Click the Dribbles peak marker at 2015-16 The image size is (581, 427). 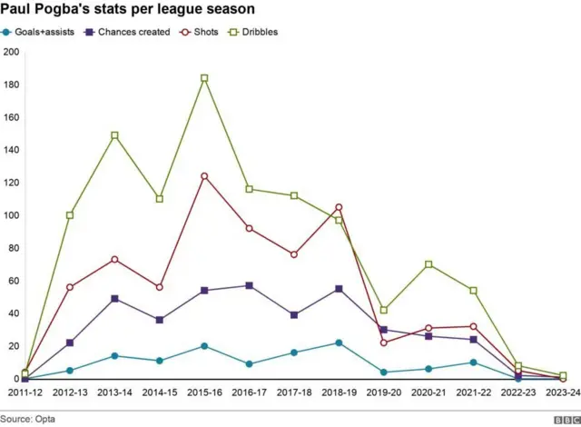tap(204, 78)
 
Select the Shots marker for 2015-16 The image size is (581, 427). tap(204, 176)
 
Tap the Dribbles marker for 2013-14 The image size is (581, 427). tap(114, 135)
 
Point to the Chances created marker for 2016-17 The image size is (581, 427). tap(249, 285)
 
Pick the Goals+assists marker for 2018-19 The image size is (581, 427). tap(339, 343)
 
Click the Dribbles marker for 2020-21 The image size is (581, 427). tap(428, 264)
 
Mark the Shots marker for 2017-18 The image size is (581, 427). tap(294, 254)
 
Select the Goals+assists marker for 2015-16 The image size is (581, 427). tap(204, 346)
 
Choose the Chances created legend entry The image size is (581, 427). tap(133, 32)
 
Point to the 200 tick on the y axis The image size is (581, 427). tap(11, 52)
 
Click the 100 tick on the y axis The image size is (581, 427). tap(11, 215)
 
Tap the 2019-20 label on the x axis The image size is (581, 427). tap(383, 393)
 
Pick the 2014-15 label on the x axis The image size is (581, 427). tap(159, 393)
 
